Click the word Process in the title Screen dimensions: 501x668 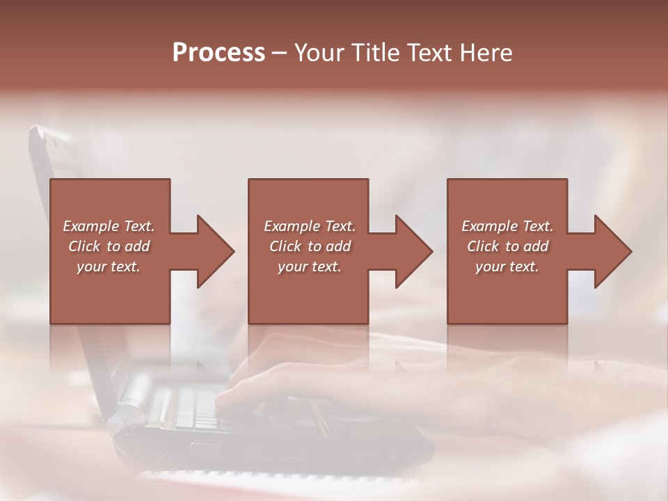click(x=218, y=53)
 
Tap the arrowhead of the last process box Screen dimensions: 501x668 click(x=612, y=251)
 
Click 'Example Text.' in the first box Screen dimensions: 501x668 click(x=109, y=226)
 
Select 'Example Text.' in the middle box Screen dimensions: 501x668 click(x=309, y=226)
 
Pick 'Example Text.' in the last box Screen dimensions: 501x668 click(x=507, y=226)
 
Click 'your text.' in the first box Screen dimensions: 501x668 click(x=109, y=267)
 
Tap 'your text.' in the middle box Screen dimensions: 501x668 click(x=309, y=267)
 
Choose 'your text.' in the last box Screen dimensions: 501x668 click(x=507, y=267)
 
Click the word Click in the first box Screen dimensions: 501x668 click(x=85, y=246)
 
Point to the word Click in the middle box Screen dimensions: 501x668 click(x=285, y=246)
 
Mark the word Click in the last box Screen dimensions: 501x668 click(x=484, y=246)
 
